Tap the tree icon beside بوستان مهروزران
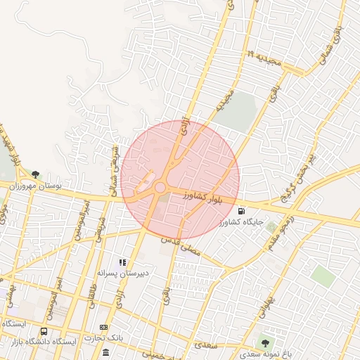click(x=34, y=174)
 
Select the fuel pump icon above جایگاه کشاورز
click(x=243, y=210)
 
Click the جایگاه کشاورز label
click(x=240, y=222)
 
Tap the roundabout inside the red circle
click(x=160, y=188)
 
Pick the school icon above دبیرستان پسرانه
click(x=123, y=262)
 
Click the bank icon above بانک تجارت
click(x=104, y=328)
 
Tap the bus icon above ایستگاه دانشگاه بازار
click(x=44, y=332)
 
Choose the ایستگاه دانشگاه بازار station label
click(x=41, y=342)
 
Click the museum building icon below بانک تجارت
click(x=105, y=352)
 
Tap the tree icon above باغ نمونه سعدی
click(x=265, y=343)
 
